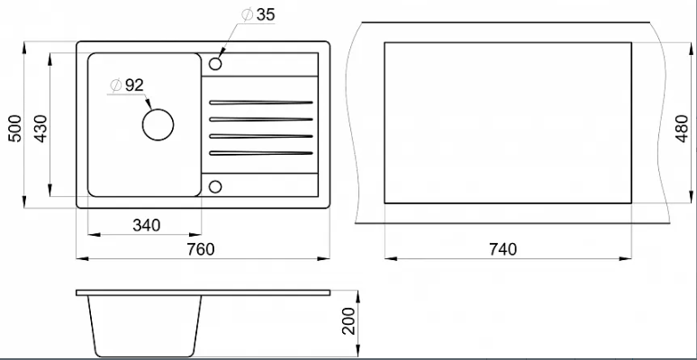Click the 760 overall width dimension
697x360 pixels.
201,249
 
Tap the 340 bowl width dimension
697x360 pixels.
146,225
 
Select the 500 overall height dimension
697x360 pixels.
14,128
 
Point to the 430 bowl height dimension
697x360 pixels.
41,128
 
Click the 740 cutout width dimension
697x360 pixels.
503,249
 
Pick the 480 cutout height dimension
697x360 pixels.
682,129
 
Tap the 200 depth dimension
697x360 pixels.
348,320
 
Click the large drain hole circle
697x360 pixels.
158,109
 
